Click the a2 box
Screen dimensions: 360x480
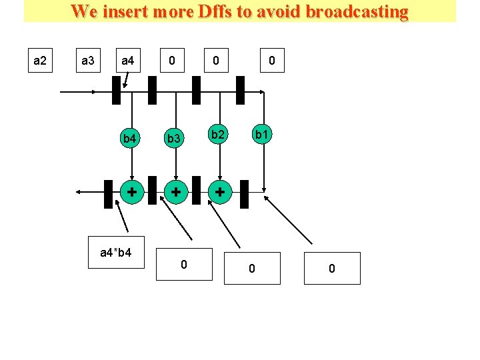[x=40, y=61]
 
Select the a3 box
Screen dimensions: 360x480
[x=87, y=61]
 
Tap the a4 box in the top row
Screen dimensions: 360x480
[x=128, y=61]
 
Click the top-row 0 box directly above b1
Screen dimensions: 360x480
[x=271, y=61]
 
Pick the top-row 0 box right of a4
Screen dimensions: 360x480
[x=172, y=61]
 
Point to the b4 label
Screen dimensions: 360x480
[x=131, y=139]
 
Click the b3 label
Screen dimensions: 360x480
[x=174, y=139]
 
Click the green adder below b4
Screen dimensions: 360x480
[x=133, y=192]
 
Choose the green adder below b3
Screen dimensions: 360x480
[x=175, y=192]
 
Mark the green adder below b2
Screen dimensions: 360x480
[x=219, y=192]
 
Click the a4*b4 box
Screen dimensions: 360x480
[x=116, y=253]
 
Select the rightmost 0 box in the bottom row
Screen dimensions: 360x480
[x=332, y=268]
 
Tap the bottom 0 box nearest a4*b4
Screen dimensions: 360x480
[x=184, y=265]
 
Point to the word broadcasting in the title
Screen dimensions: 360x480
[x=357, y=11]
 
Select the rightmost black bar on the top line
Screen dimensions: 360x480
[x=240, y=90]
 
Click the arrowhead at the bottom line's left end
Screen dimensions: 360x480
[x=79, y=192]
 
